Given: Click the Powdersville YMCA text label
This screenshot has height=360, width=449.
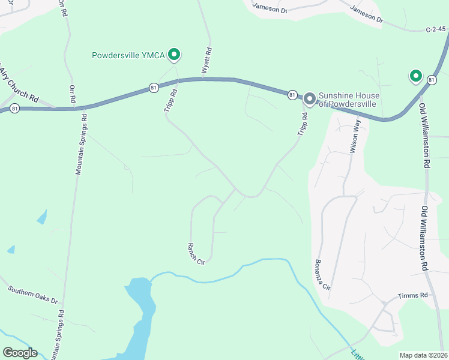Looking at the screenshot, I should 128,56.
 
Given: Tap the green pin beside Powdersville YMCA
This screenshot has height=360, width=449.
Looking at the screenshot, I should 175,55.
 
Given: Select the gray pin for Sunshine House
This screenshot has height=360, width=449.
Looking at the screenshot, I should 310,98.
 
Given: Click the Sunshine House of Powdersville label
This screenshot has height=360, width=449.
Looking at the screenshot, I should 347,100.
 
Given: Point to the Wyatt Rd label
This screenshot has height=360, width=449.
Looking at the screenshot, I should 206,61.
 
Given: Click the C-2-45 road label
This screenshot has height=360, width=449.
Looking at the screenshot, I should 436,28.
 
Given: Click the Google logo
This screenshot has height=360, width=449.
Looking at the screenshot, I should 20,352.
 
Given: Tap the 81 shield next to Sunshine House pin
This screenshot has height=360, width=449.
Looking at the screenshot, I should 292,95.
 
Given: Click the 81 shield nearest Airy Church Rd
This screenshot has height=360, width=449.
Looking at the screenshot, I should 15,108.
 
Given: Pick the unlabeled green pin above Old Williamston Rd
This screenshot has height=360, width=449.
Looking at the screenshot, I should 415,76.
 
